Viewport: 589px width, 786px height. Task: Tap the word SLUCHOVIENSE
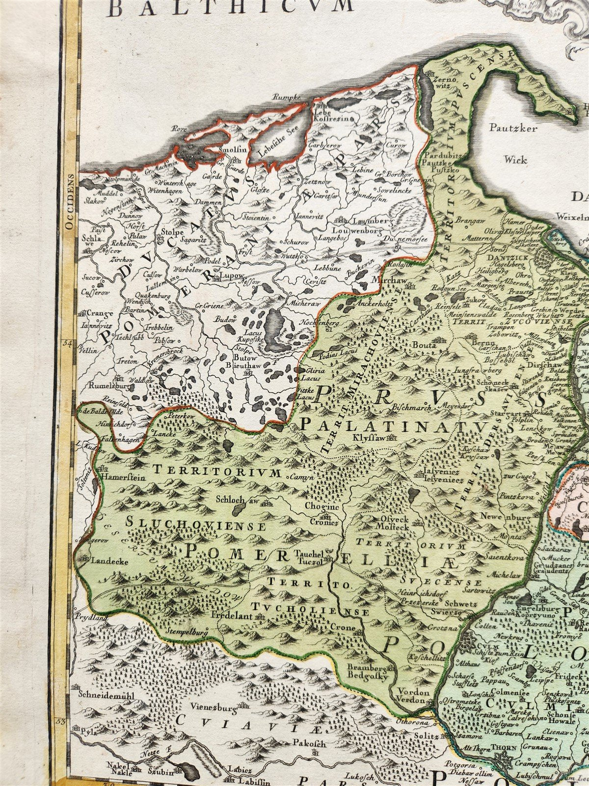pos(195,524)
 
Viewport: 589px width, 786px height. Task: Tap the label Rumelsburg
pos(100,386)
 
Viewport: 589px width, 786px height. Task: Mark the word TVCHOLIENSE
pos(310,609)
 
